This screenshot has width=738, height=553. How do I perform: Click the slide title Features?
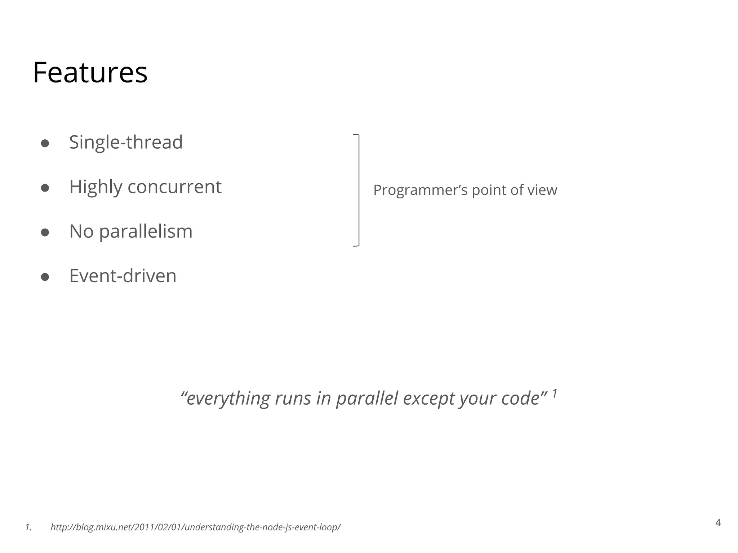pos(90,73)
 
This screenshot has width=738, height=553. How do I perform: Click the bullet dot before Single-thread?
pos(45,143)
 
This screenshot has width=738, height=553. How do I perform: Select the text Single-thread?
pos(126,142)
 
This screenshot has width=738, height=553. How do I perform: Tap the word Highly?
pos(95,187)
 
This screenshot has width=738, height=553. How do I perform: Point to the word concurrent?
pos(174,187)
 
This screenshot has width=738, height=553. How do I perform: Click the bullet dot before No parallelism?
pos(45,233)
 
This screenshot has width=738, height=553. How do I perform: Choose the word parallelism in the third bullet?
pos(146,232)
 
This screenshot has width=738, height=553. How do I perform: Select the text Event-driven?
pos(123,276)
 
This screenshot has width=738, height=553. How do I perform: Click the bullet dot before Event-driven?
pos(45,277)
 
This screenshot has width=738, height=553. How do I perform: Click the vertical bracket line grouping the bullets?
pos(359,190)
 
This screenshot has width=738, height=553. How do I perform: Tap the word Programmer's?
pos(420,190)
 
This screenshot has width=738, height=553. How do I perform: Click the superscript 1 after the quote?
pos(555,393)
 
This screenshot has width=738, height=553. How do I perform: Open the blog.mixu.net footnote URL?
pos(195,527)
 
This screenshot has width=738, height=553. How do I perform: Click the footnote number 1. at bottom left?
pos(28,527)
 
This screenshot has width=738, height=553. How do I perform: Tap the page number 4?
pos(718,523)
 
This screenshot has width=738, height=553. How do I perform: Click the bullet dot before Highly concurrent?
pos(45,188)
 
